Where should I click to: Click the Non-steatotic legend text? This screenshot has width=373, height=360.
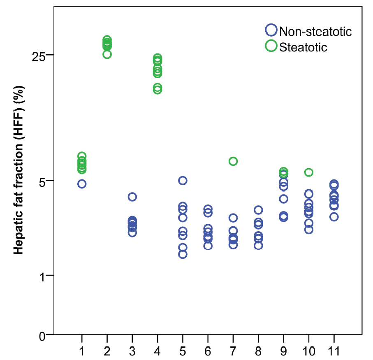coord(315,31)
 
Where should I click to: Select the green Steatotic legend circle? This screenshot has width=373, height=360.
coord(271,46)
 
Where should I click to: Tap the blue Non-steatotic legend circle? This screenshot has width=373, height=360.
coord(271,30)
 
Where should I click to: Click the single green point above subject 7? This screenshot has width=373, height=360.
coord(233,161)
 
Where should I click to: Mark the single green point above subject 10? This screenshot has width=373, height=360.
coord(309,172)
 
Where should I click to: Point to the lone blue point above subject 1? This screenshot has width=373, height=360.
coord(82,184)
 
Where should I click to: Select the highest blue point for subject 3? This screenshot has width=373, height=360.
coord(132,197)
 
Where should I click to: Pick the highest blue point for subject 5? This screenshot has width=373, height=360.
coord(183,181)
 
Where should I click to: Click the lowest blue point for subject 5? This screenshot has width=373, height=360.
coord(183,254)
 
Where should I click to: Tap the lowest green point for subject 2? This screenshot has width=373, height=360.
coord(107,54)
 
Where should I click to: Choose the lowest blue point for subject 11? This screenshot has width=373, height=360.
coord(334,217)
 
